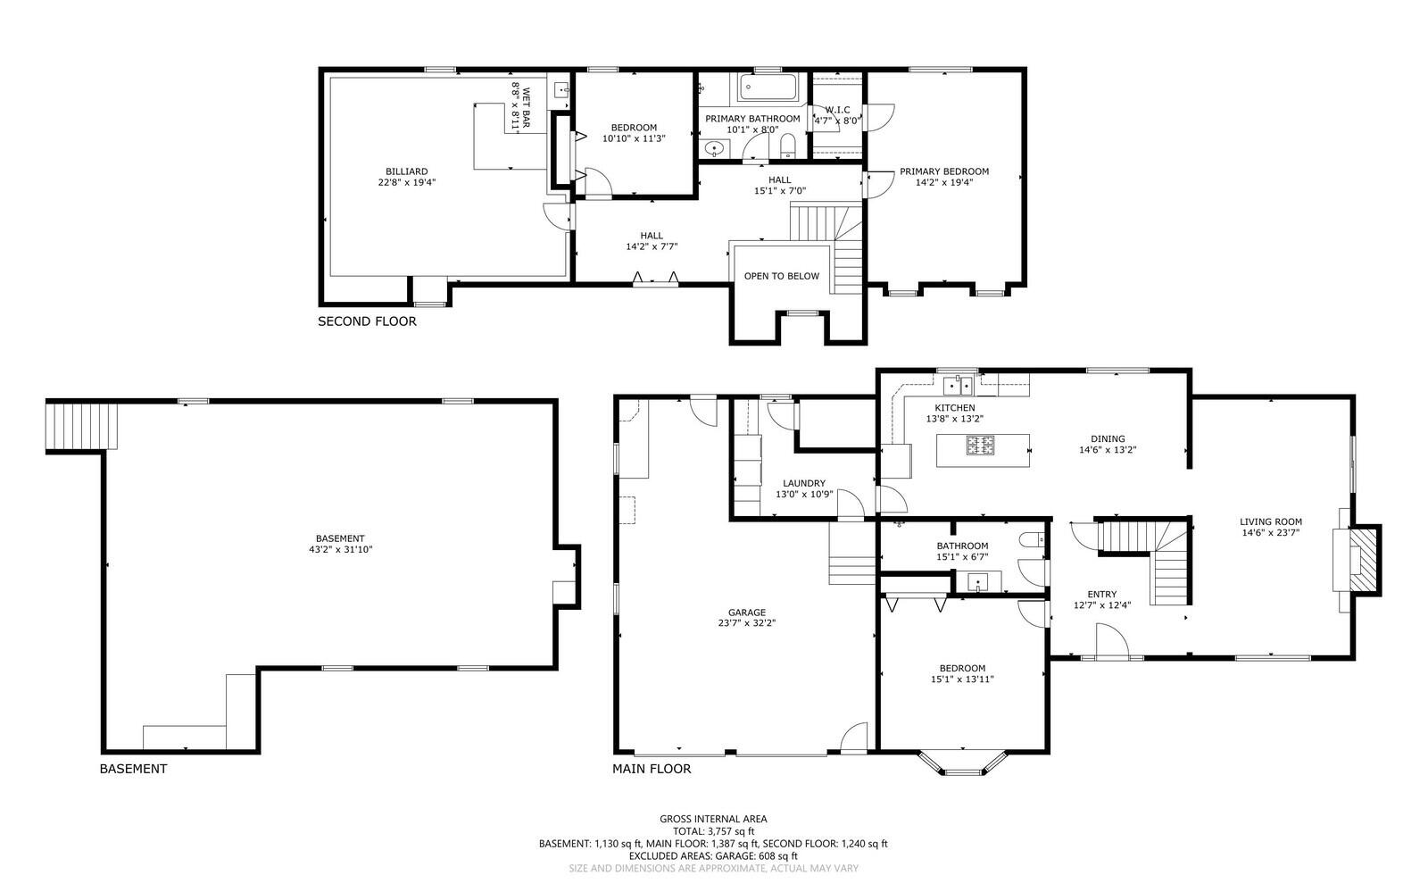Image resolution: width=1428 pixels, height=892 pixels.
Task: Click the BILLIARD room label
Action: pos(407,171)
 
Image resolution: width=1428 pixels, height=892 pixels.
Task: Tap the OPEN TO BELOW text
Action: pos(782,276)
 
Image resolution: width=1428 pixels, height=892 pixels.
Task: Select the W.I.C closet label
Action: pos(838,110)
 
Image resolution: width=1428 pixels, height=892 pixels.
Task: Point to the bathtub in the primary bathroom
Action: pos(768,88)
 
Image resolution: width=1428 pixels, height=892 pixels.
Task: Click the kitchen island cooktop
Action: pos(981,445)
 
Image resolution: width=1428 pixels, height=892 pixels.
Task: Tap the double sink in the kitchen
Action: pos(959,386)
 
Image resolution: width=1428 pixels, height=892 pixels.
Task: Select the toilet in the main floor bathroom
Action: pos(1033,540)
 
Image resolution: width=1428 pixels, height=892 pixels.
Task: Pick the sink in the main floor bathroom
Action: pos(978,581)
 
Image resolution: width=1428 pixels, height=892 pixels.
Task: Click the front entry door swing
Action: pos(1112,639)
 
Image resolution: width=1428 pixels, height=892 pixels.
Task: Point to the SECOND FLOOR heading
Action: pos(367,321)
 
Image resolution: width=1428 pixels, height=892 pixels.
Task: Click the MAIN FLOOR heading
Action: pos(652,769)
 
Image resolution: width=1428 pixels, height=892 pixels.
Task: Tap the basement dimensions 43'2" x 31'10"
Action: pos(340,550)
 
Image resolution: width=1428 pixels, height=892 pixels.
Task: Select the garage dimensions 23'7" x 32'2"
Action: pos(746,623)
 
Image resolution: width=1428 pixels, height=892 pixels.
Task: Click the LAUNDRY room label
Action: pos(804,483)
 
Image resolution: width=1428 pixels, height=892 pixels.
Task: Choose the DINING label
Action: pos(1108,438)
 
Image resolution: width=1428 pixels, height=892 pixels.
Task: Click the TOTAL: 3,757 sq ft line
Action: pos(713,831)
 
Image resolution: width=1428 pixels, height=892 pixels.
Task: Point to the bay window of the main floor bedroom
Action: pos(963,763)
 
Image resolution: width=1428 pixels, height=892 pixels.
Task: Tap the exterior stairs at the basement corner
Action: pos(82,425)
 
